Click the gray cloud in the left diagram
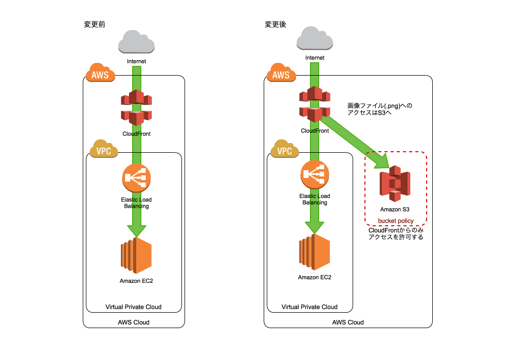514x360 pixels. [x=136, y=42]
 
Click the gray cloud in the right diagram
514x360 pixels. [x=315, y=39]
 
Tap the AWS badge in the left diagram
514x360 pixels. [x=100, y=74]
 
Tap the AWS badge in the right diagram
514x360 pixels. [x=281, y=74]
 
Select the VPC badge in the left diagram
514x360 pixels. [x=104, y=150]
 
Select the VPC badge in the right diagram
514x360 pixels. [x=285, y=150]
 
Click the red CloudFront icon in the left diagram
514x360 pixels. [x=136, y=107]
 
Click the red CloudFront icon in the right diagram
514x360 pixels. [x=315, y=104]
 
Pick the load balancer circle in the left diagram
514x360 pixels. [x=136, y=178]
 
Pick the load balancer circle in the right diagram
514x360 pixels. [x=315, y=174]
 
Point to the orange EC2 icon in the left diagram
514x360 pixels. [x=136, y=255]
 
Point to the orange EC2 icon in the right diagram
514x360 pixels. [x=315, y=252]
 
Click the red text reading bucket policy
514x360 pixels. [x=396, y=221]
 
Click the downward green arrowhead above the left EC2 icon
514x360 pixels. [x=136, y=231]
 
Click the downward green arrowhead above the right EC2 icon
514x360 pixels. [x=315, y=227]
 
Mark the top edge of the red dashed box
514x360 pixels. [x=396, y=152]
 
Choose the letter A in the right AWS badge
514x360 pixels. [x=275, y=76]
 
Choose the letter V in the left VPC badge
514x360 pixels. [x=99, y=151]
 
